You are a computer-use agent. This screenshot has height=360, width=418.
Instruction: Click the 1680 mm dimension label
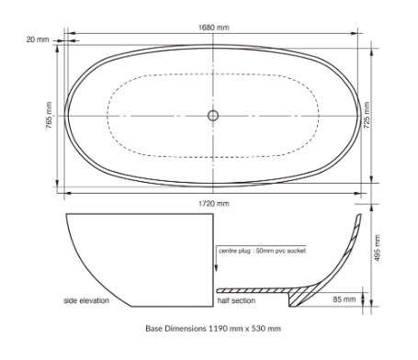[213, 28]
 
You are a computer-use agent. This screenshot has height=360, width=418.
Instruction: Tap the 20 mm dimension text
[38, 39]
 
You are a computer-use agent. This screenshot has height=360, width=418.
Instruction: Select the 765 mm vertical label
[49, 115]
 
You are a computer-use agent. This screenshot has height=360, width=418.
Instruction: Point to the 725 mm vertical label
[367, 115]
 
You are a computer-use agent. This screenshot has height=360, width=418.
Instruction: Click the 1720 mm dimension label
[214, 204]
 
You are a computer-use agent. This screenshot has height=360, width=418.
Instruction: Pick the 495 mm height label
[377, 248]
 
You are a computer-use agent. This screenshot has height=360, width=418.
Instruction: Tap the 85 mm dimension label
[345, 299]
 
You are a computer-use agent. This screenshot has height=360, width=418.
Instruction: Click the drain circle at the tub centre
[213, 116]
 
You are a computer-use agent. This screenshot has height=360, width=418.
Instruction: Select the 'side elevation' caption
[86, 300]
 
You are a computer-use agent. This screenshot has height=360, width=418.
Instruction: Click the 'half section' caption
[236, 300]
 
